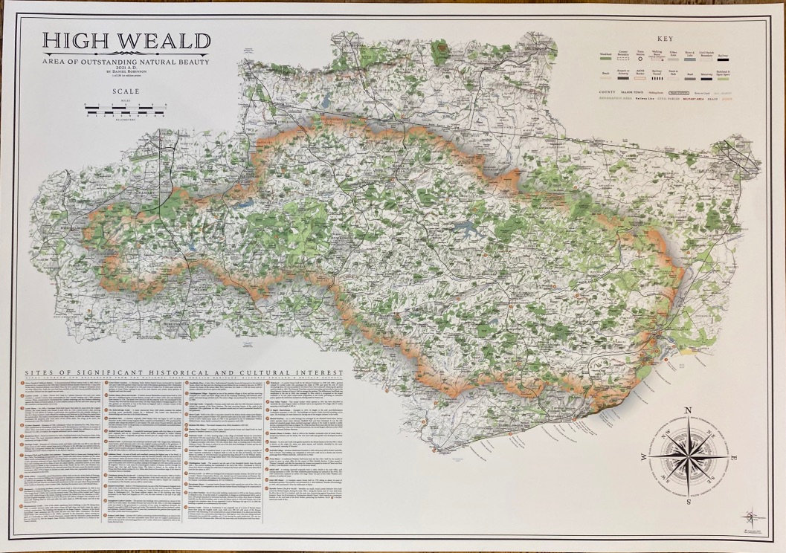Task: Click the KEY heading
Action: [x=666, y=39]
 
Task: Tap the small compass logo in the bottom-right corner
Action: [x=752, y=514]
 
